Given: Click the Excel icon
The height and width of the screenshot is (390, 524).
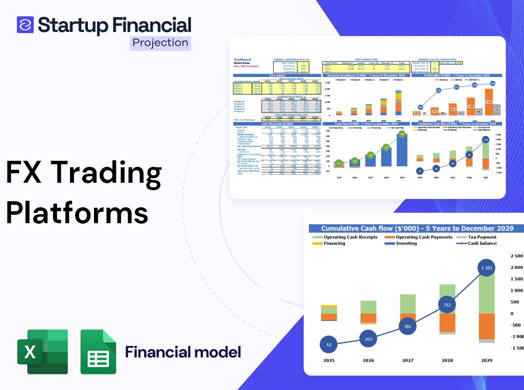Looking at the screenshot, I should (x=42, y=352).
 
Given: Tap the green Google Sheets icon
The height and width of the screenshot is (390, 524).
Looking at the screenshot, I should (x=98, y=352).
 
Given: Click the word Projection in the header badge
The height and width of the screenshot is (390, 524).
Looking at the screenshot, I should (x=160, y=42).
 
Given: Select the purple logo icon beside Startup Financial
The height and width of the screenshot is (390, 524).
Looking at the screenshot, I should (x=25, y=24).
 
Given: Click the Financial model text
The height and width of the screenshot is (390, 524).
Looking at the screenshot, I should (x=182, y=352).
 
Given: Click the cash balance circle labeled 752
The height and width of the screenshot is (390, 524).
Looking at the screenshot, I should (x=447, y=305).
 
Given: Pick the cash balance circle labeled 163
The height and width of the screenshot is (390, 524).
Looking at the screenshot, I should (x=368, y=339).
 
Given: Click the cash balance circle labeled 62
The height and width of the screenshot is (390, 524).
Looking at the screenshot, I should (x=328, y=345).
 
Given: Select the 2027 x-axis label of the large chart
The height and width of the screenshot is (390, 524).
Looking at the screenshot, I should (x=407, y=360).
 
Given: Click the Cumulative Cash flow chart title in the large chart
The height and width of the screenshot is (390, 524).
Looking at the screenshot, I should (x=417, y=228).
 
